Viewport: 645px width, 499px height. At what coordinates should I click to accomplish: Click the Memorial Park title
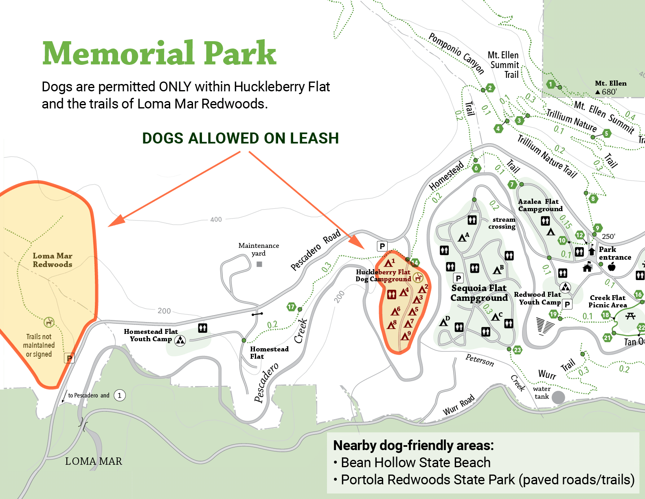click(x=159, y=53)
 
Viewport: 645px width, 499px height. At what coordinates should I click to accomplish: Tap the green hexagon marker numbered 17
click(x=291, y=307)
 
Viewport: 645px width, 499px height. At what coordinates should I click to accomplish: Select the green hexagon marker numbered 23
click(x=518, y=350)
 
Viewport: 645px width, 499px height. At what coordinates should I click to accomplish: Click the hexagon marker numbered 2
click(x=490, y=88)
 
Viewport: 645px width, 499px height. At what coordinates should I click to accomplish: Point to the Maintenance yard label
click(x=259, y=249)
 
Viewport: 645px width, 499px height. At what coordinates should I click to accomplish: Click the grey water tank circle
click(x=558, y=397)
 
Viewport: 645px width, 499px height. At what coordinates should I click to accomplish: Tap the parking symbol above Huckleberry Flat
click(x=382, y=246)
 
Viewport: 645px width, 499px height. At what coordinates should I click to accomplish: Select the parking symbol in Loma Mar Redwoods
click(x=69, y=358)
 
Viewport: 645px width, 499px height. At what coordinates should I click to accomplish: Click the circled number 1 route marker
click(x=120, y=395)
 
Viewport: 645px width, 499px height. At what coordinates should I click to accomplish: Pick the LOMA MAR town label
click(x=94, y=461)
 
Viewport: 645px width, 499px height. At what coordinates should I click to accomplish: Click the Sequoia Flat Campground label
click(x=479, y=293)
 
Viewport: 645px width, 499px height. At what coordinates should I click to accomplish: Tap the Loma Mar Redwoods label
click(x=53, y=260)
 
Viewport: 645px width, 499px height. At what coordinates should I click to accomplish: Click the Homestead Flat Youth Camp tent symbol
click(x=180, y=340)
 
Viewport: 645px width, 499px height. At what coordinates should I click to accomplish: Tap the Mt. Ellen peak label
click(x=610, y=84)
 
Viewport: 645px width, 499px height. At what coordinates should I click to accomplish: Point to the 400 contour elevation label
click(x=216, y=220)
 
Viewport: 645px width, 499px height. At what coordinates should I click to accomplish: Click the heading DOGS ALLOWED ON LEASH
click(x=240, y=138)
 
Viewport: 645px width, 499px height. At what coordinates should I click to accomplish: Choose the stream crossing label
click(x=502, y=223)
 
